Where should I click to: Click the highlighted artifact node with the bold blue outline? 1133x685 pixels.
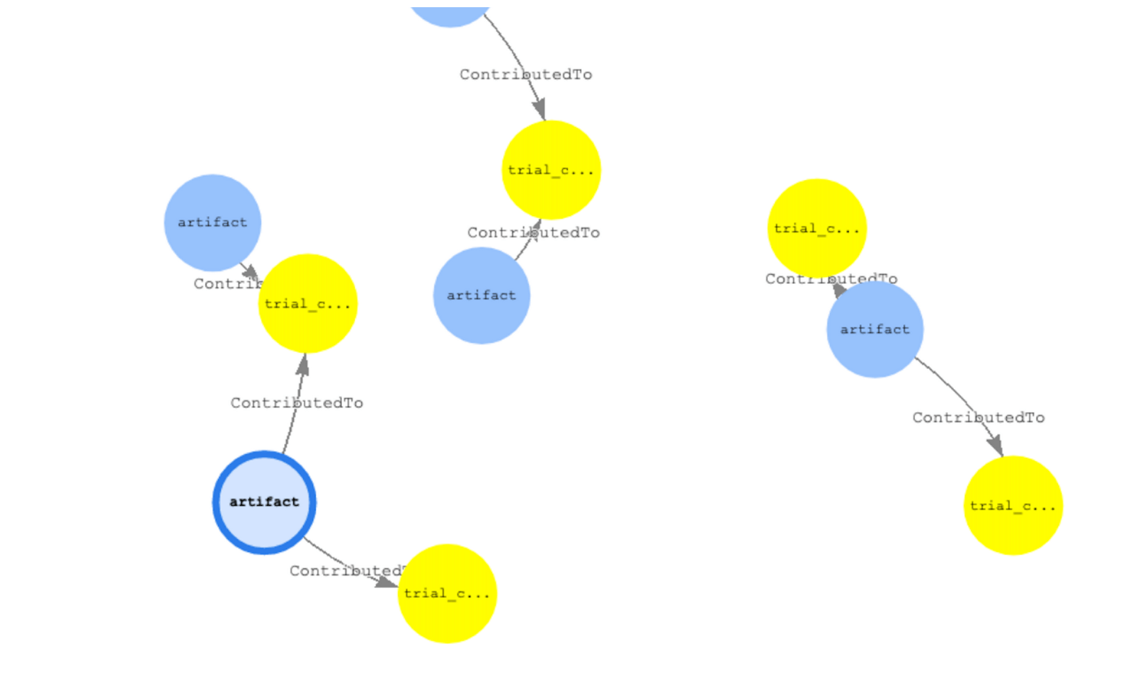(x=264, y=502)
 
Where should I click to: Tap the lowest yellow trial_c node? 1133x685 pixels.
(x=447, y=594)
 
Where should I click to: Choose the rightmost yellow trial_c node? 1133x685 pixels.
(x=1013, y=506)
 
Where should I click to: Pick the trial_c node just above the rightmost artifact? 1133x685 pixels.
(x=817, y=228)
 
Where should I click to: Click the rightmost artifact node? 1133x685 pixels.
(x=875, y=329)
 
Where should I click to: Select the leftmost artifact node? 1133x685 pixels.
(x=212, y=222)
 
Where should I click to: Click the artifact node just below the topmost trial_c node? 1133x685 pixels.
(x=482, y=295)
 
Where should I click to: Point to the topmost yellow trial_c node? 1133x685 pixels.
(x=551, y=170)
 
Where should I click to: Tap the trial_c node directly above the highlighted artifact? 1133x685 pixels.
(x=307, y=304)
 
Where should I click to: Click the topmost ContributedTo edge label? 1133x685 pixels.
(x=525, y=74)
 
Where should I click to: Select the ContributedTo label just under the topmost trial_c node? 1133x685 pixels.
(x=533, y=232)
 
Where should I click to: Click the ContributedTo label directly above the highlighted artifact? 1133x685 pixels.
(x=297, y=403)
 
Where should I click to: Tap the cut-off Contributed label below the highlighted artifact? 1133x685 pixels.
(x=346, y=570)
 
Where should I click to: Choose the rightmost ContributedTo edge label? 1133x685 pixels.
(x=978, y=418)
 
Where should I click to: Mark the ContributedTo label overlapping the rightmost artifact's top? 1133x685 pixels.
(x=831, y=279)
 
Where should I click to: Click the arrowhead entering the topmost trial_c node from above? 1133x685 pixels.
(x=540, y=110)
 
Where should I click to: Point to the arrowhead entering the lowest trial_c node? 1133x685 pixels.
(x=387, y=582)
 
